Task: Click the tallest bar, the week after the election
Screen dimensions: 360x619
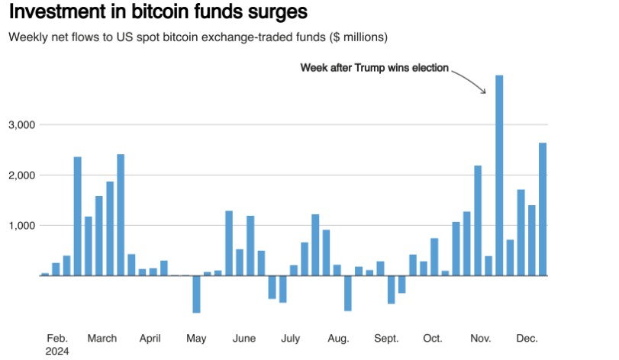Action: (x=499, y=175)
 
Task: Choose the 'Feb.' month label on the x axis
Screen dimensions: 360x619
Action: (x=57, y=339)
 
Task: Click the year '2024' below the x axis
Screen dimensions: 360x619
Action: (x=57, y=351)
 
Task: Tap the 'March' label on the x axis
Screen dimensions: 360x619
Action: (x=102, y=339)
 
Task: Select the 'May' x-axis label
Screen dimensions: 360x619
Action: (x=196, y=339)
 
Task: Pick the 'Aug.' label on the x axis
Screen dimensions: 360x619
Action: (x=338, y=339)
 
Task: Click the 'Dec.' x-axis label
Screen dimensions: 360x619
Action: (x=527, y=339)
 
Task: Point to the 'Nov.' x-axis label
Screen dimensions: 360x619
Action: (x=481, y=339)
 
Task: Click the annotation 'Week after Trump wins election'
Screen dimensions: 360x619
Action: (x=374, y=68)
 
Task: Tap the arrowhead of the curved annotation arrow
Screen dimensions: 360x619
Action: (x=483, y=92)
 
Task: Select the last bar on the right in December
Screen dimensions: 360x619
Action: (x=543, y=209)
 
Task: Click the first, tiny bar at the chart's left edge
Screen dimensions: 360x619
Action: (x=45, y=274)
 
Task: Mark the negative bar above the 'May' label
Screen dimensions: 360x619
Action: (x=196, y=294)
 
